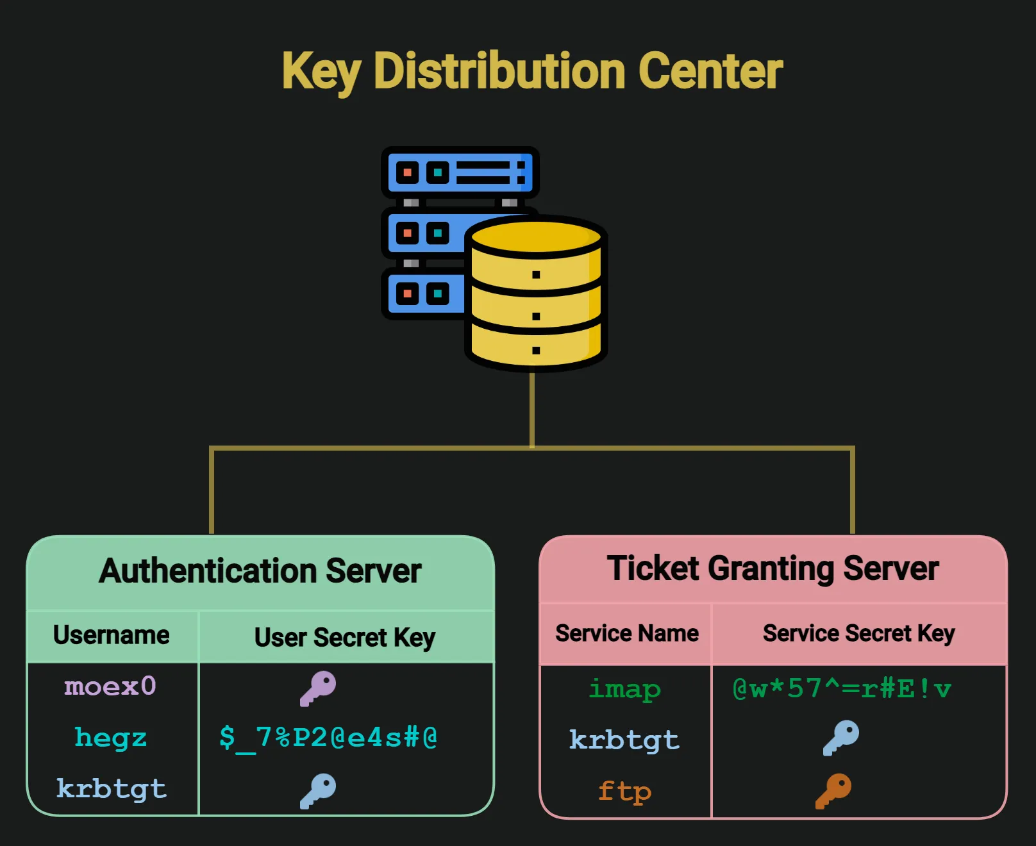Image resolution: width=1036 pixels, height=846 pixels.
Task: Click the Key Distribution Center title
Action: (532, 70)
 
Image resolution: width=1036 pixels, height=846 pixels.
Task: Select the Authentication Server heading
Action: (260, 571)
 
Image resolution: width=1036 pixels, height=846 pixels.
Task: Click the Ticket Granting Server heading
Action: (773, 568)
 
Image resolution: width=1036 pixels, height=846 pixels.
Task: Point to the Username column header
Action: (112, 635)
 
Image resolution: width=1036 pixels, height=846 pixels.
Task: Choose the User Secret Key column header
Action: (345, 638)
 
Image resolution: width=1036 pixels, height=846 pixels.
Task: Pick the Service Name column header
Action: (627, 633)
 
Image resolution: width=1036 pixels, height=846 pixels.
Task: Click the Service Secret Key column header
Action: (858, 633)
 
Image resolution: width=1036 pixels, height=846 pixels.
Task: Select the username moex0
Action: (110, 686)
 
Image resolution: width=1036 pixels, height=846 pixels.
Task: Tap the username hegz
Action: (110, 738)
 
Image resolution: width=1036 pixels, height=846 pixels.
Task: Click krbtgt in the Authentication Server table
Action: (112, 789)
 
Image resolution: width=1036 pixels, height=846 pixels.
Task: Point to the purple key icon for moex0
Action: (319, 688)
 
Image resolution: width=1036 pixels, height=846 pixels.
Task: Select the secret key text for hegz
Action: (328, 738)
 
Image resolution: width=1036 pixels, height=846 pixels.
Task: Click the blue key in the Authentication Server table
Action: (319, 791)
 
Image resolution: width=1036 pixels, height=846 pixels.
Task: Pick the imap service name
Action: (625, 690)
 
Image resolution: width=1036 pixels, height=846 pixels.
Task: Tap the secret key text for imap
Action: (842, 689)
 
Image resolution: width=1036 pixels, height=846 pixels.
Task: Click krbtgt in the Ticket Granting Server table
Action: (624, 740)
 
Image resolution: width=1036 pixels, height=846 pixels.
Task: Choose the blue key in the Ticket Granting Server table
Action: (841, 738)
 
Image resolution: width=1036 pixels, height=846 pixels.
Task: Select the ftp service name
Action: (625, 792)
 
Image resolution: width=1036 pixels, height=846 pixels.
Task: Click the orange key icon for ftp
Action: (833, 791)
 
